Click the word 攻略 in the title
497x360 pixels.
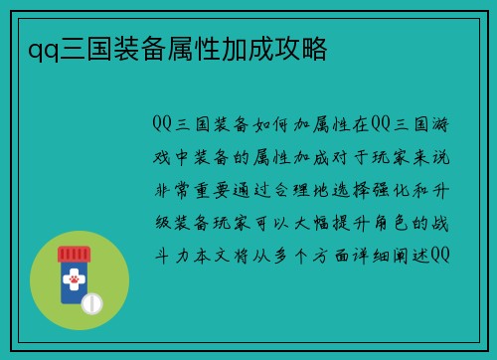click(x=304, y=49)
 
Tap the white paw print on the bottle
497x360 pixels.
click(x=73, y=284)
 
